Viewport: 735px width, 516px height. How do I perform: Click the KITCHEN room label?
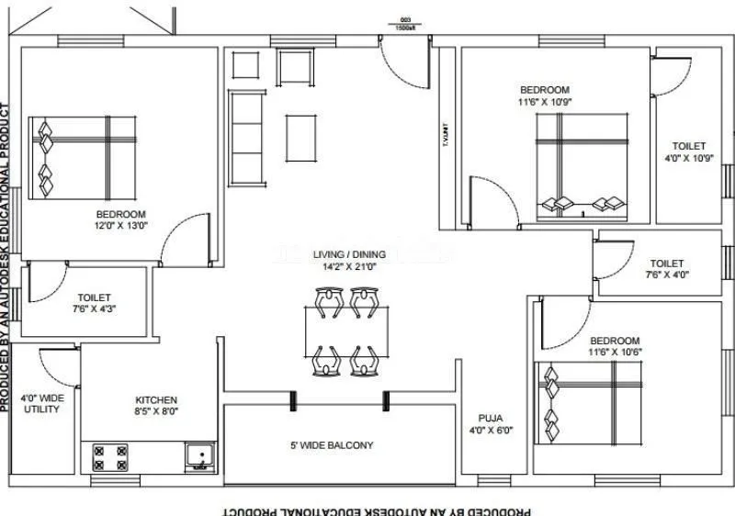(156, 400)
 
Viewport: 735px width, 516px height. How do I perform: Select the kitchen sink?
(198, 455)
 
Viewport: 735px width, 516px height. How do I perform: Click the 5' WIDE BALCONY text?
(339, 445)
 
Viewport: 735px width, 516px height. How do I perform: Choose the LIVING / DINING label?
(349, 254)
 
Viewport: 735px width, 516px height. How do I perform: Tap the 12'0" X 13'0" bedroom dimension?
(121, 225)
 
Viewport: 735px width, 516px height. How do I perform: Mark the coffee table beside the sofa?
(301, 136)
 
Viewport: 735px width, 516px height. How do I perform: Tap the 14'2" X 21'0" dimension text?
(349, 267)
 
